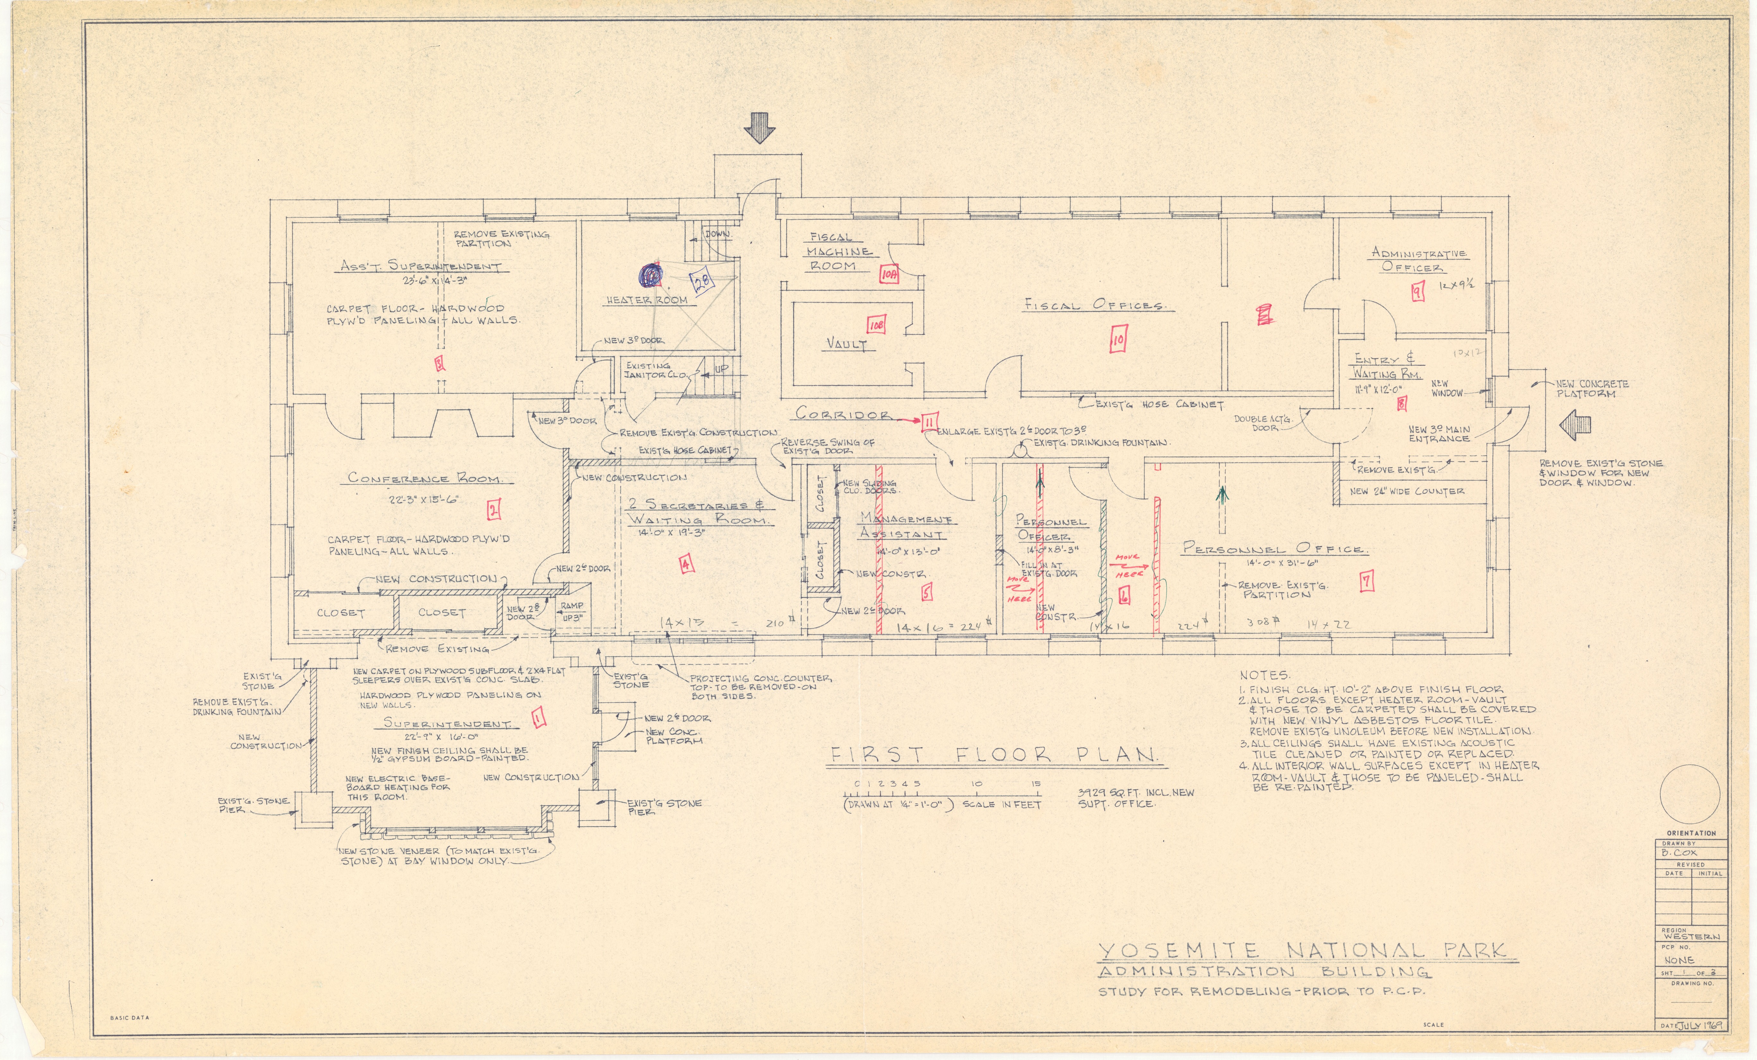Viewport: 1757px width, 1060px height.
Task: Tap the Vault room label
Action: (x=846, y=344)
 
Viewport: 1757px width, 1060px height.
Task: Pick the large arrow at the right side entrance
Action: (x=1574, y=426)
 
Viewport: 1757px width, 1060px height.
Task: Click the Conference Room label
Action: (x=424, y=478)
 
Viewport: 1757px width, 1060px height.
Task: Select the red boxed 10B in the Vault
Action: (x=876, y=325)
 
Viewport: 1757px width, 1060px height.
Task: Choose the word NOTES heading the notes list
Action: (x=1264, y=675)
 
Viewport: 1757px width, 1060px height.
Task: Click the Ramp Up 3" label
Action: (x=572, y=611)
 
